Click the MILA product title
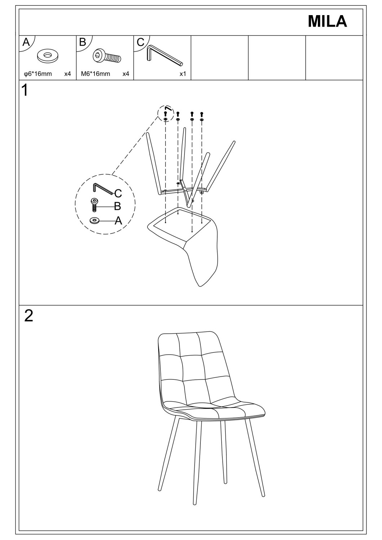(x=327, y=22)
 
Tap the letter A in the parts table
(x=26, y=42)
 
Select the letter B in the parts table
(x=83, y=42)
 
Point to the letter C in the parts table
(x=141, y=42)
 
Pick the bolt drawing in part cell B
(x=107, y=56)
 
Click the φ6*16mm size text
(x=38, y=74)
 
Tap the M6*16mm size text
(x=95, y=74)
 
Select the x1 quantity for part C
(x=183, y=74)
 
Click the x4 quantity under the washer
(x=68, y=74)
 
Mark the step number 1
(x=25, y=90)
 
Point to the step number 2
(x=28, y=316)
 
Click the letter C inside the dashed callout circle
(x=118, y=193)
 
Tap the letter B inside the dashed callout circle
(x=117, y=206)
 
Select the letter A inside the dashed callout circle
(x=118, y=220)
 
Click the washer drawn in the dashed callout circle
(x=95, y=220)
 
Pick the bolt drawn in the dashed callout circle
(x=94, y=204)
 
